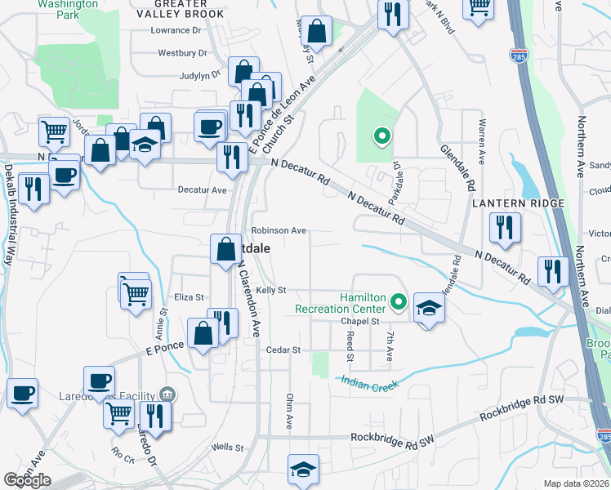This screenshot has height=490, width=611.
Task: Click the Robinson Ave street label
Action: coord(279,230)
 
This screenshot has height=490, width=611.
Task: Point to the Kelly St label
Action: coord(270,290)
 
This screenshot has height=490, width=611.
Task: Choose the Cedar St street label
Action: coord(284,350)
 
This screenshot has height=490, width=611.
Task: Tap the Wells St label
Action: coord(228,448)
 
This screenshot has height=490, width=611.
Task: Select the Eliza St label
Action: coord(189,297)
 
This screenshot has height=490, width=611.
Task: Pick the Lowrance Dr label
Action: coord(176,30)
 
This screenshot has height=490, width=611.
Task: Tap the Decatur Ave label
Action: coord(203,189)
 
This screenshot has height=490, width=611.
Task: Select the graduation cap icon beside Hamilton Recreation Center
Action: coord(429,308)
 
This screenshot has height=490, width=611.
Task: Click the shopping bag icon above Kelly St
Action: coord(225,248)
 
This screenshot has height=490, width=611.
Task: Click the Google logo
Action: coord(27,480)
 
